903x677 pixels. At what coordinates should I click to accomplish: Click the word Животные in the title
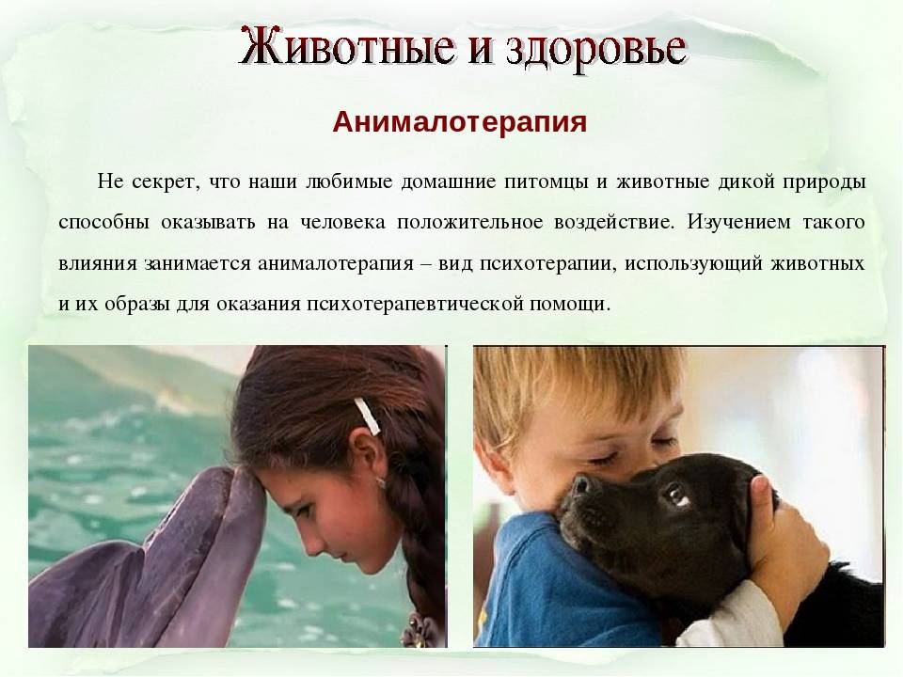346,46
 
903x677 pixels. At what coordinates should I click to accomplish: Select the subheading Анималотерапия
460,121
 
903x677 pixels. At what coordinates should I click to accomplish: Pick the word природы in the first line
824,182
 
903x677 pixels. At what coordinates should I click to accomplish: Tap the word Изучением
738,222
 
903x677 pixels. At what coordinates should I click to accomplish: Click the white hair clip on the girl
367,416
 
